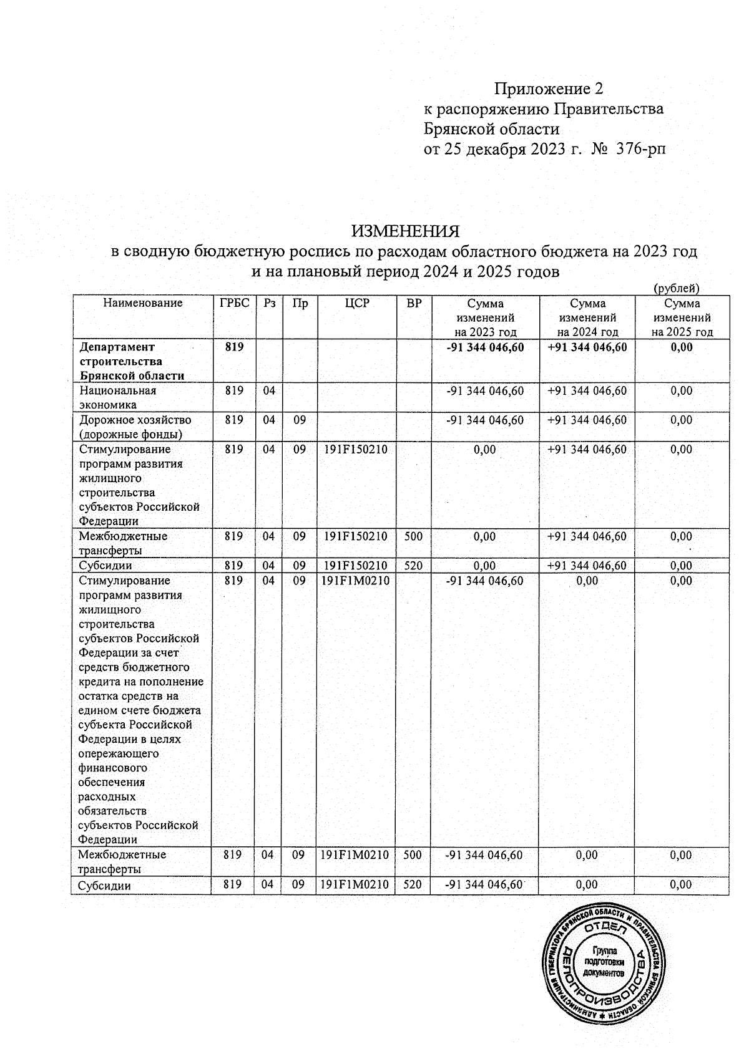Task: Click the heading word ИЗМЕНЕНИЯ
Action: (405, 231)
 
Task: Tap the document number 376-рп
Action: (641, 150)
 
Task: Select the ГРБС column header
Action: (234, 304)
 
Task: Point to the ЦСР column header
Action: (357, 304)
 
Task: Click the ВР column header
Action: (413, 304)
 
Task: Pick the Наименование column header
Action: (143, 304)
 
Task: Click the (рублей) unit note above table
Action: (676, 288)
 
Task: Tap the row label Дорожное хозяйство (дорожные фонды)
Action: (135, 427)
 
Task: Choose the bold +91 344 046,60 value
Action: (587, 347)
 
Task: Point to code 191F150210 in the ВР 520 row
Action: (356, 566)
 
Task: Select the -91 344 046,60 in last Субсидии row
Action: (484, 885)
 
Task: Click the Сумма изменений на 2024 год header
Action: (587, 318)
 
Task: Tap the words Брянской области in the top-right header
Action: (492, 130)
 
